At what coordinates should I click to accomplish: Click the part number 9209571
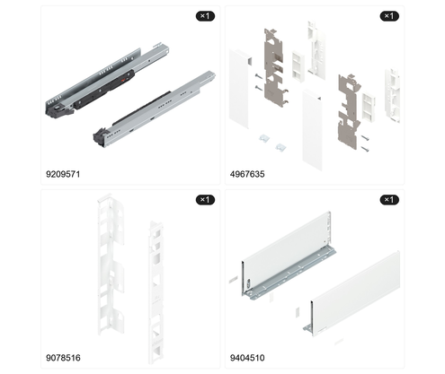coord(63,174)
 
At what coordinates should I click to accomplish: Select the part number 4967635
coord(247,174)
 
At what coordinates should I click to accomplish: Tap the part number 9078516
coord(63,358)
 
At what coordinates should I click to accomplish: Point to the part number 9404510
coord(247,358)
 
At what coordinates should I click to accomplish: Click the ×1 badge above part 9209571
coord(205,16)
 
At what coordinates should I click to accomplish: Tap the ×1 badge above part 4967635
coord(389,16)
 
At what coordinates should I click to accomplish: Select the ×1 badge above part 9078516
coord(205,199)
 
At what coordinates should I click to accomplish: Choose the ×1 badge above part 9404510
coord(389,199)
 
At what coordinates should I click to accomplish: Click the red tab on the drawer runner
coord(123,80)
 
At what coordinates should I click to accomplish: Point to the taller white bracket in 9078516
coord(111,266)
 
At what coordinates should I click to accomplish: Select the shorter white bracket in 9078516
coord(156,293)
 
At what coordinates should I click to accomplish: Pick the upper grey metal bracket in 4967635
coord(273,67)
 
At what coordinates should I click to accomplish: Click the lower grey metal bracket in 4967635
coord(349,112)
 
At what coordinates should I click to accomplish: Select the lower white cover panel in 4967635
coord(312,130)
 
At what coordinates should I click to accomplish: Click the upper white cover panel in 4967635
coord(239,89)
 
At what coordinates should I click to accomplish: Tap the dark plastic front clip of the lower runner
coord(102,136)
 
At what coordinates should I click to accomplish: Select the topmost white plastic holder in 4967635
coord(316,49)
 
